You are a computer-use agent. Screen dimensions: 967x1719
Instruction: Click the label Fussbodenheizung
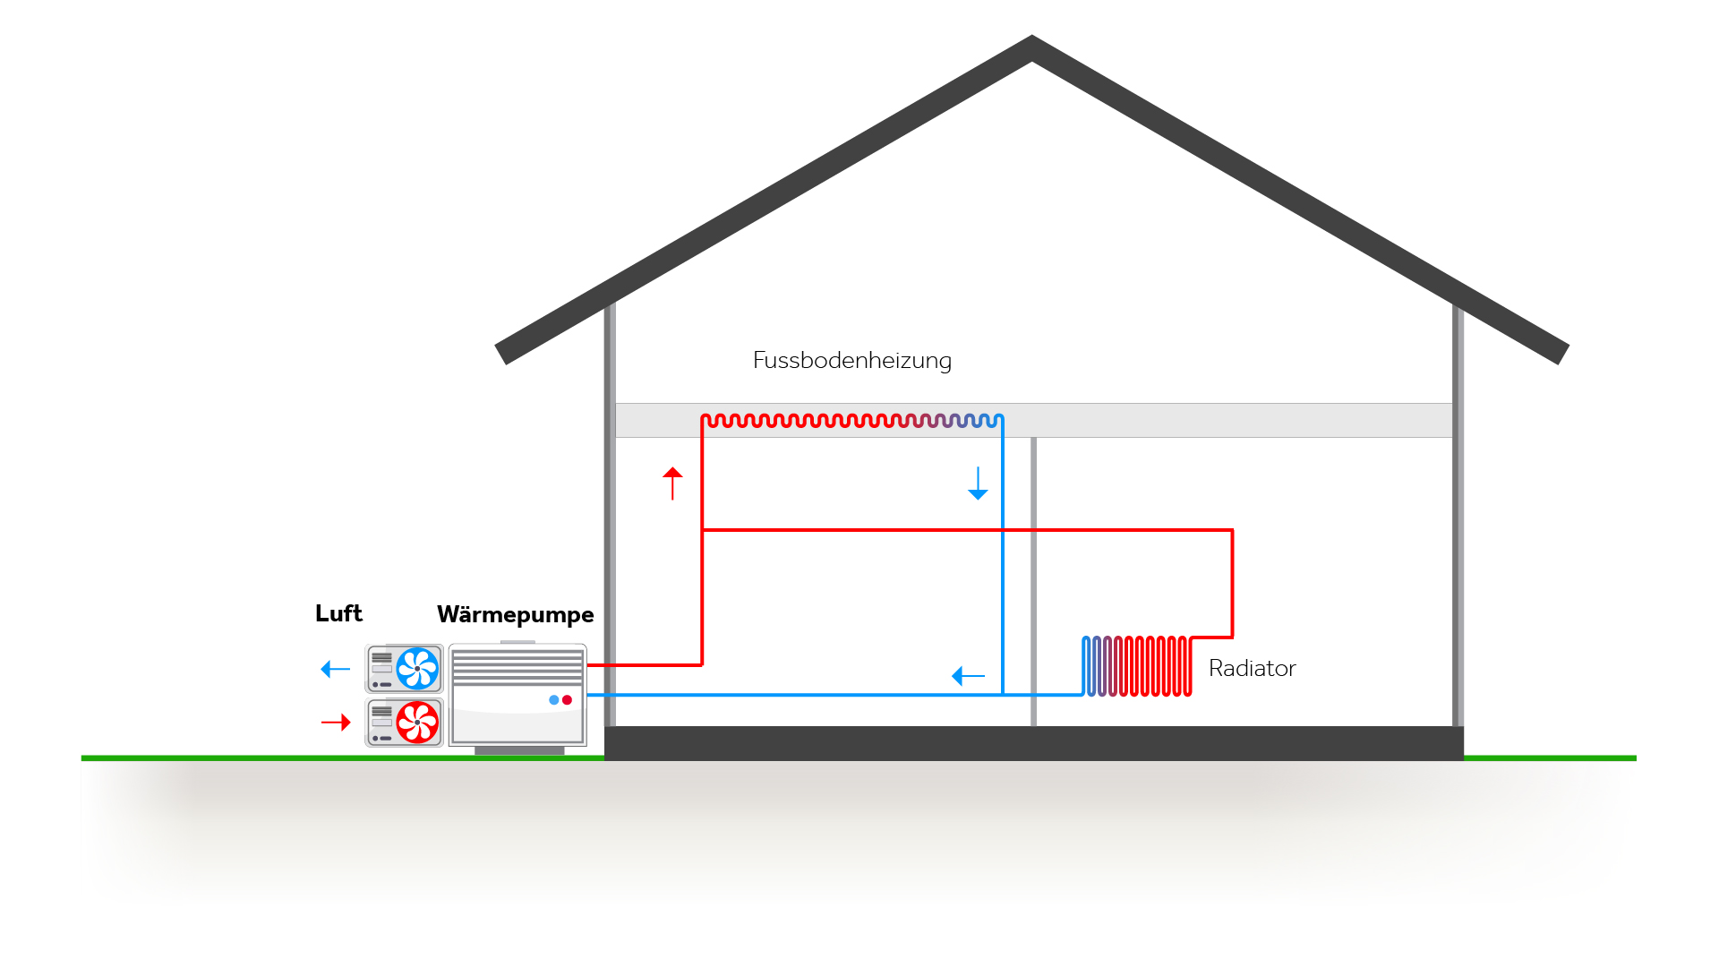851,360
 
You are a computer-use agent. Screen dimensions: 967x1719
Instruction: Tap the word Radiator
1252,668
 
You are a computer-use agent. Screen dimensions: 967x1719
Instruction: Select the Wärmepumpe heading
515,614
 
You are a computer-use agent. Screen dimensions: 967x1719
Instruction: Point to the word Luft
338,613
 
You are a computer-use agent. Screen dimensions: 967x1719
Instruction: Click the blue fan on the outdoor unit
417,668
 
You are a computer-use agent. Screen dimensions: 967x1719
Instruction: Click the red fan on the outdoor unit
417,722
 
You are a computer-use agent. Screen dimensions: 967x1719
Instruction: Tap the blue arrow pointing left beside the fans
336,669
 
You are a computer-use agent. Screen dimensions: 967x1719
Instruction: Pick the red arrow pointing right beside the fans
336,722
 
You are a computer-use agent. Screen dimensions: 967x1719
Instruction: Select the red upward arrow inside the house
672,483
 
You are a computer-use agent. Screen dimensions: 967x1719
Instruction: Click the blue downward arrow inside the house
978,483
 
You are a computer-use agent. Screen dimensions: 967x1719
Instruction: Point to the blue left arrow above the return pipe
968,676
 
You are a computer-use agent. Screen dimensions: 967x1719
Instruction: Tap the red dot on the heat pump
567,700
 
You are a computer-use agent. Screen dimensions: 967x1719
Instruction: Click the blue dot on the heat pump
554,700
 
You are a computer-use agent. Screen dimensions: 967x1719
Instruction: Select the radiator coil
1137,666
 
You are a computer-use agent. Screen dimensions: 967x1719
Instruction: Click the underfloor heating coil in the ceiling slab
851,420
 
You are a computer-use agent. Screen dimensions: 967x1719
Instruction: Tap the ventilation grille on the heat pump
517,667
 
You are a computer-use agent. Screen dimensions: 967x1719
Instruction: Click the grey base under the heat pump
519,750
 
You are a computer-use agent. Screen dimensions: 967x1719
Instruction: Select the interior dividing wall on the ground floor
1033,582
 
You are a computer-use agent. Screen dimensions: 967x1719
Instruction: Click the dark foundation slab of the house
1034,743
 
